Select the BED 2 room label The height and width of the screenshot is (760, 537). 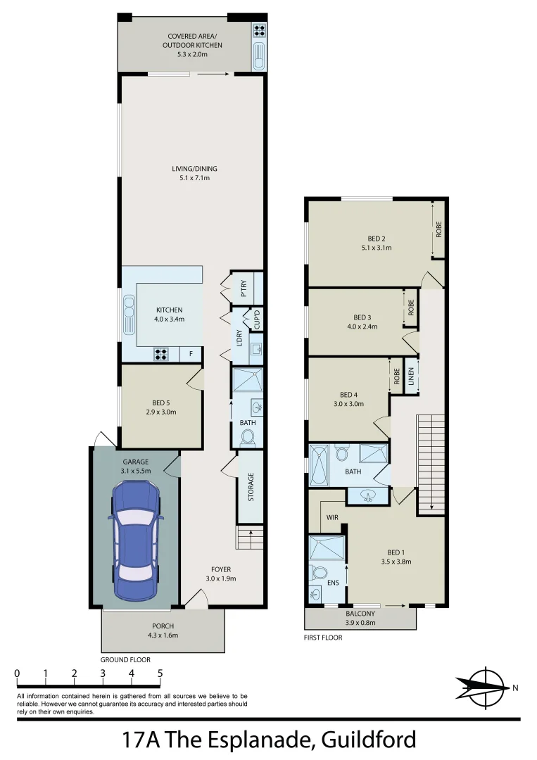(375, 238)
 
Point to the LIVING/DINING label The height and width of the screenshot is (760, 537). (195, 169)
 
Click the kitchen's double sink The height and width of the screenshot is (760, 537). (129, 315)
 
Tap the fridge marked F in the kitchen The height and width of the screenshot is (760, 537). (190, 355)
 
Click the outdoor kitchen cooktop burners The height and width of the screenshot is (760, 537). (258, 31)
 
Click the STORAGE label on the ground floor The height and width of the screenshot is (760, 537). (251, 487)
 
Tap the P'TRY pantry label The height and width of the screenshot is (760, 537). (244, 289)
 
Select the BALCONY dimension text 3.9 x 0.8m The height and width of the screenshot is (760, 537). (360, 622)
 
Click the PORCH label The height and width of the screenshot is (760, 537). (163, 626)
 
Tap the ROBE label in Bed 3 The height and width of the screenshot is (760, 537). (410, 307)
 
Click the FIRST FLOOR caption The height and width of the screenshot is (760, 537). (323, 638)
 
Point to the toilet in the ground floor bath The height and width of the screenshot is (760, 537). (248, 438)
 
